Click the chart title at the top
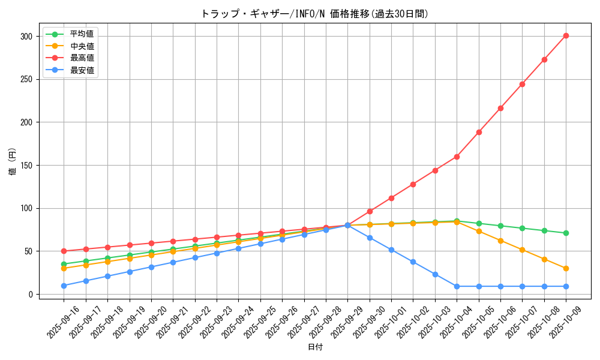pyautogui.click(x=314, y=14)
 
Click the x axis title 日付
pyautogui.click(x=314, y=347)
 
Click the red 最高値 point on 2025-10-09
pyautogui.click(x=566, y=35)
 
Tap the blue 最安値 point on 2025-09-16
pyautogui.click(x=64, y=286)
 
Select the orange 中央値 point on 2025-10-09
pyautogui.click(x=566, y=268)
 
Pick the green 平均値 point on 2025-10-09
pyautogui.click(x=566, y=233)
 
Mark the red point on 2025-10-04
pyautogui.click(x=457, y=157)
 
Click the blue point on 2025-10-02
pyautogui.click(x=413, y=262)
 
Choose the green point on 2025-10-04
pyautogui.click(x=457, y=221)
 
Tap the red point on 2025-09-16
pyautogui.click(x=64, y=251)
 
